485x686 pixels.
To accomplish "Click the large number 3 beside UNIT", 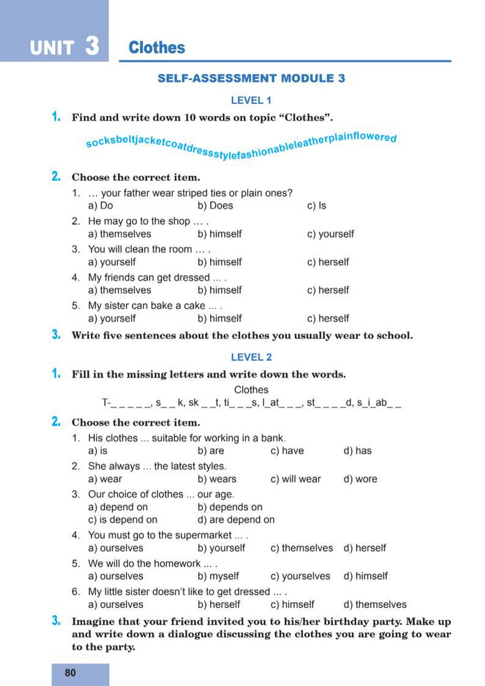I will point(91,46).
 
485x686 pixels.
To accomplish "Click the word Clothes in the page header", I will point(157,48).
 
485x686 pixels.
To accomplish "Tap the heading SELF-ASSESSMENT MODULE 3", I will point(251,78).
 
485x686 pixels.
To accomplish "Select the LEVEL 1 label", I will point(251,100).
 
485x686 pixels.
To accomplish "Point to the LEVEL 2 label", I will point(251,357).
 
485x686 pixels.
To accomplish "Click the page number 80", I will point(70,673).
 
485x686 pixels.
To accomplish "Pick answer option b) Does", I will point(215,206).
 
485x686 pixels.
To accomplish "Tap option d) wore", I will point(360,479).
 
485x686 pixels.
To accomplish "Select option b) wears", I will point(217,479).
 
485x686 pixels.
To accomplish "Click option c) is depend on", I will point(123,520).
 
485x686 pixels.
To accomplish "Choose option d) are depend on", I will point(236,520).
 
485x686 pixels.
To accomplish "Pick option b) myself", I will point(218,576).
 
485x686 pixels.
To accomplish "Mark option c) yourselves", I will point(300,576).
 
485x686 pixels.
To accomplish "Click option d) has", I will point(357,451).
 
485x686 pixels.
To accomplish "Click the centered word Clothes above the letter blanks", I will point(251,390).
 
